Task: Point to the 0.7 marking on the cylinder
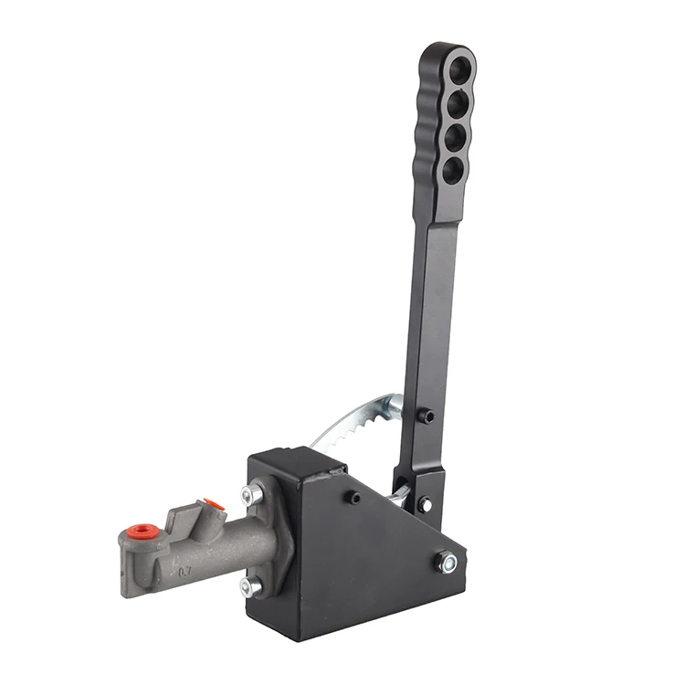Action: pyautogui.click(x=184, y=573)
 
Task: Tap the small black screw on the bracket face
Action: pyautogui.click(x=352, y=498)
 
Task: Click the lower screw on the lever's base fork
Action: pyautogui.click(x=425, y=503)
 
